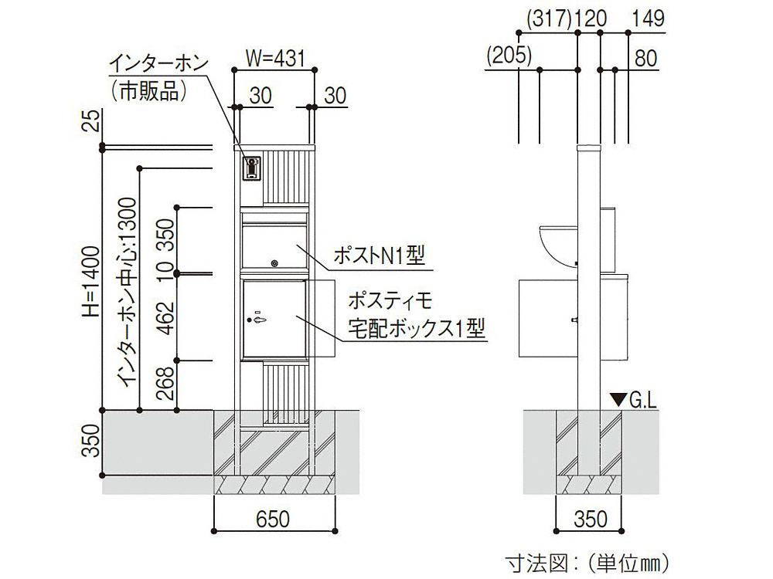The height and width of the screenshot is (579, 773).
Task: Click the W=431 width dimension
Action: tap(276, 59)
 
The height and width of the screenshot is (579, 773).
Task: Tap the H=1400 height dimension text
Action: tap(92, 282)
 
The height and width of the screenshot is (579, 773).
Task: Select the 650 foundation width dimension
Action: tap(273, 519)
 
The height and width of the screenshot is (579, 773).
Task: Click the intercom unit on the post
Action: tap(253, 168)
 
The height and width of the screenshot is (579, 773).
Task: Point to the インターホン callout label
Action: tap(158, 65)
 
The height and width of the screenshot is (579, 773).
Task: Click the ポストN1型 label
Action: tap(379, 256)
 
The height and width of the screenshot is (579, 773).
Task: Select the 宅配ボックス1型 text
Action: tap(417, 328)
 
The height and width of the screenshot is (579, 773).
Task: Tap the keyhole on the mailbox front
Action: tap(274, 264)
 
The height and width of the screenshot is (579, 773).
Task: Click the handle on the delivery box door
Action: tap(259, 320)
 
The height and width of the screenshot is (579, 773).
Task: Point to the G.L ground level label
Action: tap(643, 401)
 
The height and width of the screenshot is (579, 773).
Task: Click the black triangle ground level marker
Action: tap(618, 399)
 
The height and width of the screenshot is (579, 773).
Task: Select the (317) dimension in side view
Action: tap(548, 19)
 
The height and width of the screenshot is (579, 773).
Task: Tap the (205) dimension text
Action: tap(509, 55)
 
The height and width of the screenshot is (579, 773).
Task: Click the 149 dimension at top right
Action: tap(649, 19)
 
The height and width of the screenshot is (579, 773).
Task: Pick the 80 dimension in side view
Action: tap(645, 58)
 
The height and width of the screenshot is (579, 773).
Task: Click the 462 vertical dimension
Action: tap(166, 317)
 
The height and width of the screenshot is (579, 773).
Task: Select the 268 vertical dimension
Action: tap(166, 383)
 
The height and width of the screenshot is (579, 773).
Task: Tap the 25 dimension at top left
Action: tap(92, 120)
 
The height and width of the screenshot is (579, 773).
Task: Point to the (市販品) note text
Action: tap(149, 91)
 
